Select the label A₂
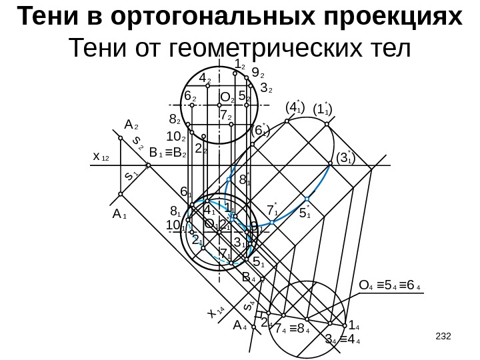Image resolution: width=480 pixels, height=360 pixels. pyautogui.click(x=131, y=125)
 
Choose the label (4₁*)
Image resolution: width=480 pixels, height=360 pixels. pyautogui.click(x=294, y=106)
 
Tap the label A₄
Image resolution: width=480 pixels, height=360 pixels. pyautogui.click(x=239, y=327)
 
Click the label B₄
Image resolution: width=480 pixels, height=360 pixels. pyautogui.click(x=249, y=276)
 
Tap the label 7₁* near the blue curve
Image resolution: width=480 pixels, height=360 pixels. pyautogui.click(x=271, y=210)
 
